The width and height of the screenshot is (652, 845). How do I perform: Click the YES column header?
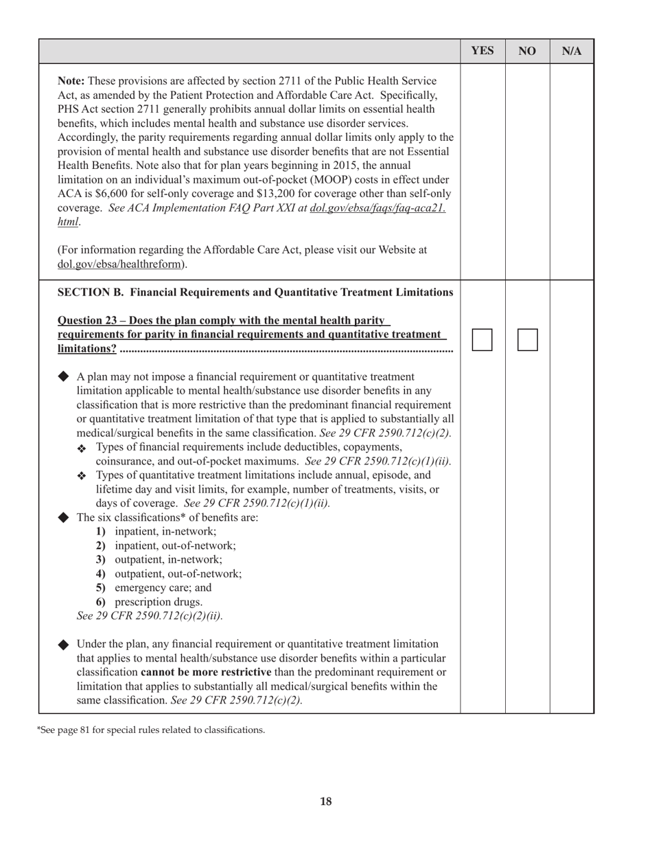(x=482, y=51)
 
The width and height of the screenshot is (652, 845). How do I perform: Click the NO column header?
(x=527, y=51)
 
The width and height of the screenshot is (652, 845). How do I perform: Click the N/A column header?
(x=572, y=51)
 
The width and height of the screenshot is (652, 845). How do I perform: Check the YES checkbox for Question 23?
(x=482, y=339)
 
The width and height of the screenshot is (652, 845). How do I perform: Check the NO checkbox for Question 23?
(x=527, y=339)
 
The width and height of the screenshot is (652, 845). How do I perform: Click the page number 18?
(x=326, y=801)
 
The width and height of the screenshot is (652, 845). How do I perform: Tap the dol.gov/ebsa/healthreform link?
(x=121, y=264)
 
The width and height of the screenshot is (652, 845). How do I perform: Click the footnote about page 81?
(x=150, y=730)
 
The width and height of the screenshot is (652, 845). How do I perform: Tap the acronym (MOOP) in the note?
(x=329, y=180)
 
